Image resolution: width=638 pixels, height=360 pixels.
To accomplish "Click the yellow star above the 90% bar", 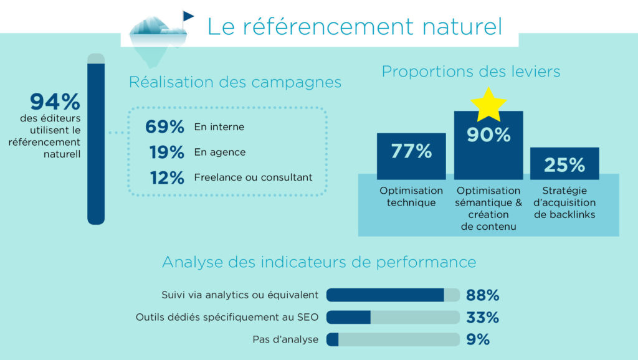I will click(488, 104).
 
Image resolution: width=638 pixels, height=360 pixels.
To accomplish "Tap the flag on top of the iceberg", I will click(187, 16).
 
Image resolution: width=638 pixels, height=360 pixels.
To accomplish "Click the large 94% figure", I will click(55, 102).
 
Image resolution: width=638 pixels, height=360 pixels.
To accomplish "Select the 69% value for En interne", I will click(165, 127).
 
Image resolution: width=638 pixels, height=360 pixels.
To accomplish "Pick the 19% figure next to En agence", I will click(166, 152).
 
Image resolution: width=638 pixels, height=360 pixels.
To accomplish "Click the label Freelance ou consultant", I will click(253, 178).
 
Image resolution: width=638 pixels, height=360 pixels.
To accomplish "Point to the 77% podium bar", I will click(411, 156).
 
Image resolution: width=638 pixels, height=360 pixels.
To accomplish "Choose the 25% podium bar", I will click(564, 164).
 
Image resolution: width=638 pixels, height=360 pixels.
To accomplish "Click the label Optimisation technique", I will click(411, 197).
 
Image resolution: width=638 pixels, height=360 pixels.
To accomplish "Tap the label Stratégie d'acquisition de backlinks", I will click(564, 202).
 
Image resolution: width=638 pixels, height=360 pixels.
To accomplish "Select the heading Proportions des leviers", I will click(471, 72).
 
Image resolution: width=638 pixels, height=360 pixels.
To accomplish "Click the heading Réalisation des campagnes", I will click(235, 82).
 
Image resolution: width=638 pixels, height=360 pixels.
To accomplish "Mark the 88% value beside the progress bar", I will click(482, 295).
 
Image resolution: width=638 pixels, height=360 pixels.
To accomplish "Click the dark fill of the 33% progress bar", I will click(348, 317).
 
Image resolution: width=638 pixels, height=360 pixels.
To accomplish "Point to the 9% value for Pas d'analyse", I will click(478, 339).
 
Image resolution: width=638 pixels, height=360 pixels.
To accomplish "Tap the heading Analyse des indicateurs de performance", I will click(319, 262).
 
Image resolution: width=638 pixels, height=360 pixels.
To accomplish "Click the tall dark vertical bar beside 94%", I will click(96, 143).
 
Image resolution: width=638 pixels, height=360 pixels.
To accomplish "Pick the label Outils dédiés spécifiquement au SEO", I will click(227, 317).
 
